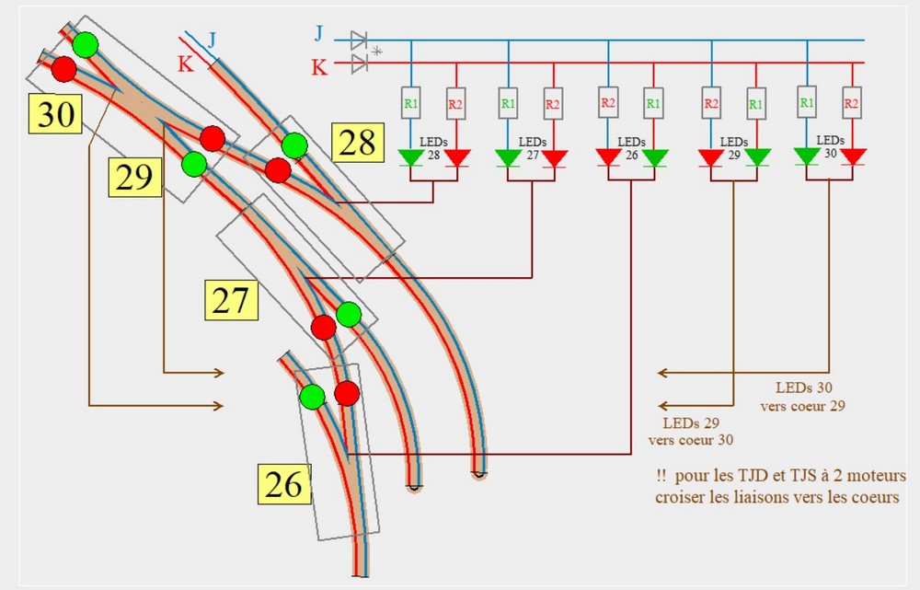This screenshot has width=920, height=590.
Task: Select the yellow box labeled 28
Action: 357,144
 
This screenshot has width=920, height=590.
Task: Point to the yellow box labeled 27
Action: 232,299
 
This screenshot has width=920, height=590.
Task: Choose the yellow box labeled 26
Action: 283,483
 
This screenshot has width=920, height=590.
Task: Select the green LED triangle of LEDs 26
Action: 654,157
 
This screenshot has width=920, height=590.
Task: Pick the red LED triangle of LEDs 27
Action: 553,157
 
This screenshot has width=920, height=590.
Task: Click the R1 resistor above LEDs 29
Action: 755,103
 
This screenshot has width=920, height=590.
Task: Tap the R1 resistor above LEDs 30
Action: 807,102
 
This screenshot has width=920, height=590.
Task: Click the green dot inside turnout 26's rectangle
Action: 313,397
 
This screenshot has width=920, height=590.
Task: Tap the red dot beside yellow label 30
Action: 63,68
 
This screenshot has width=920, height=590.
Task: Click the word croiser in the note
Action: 682,498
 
